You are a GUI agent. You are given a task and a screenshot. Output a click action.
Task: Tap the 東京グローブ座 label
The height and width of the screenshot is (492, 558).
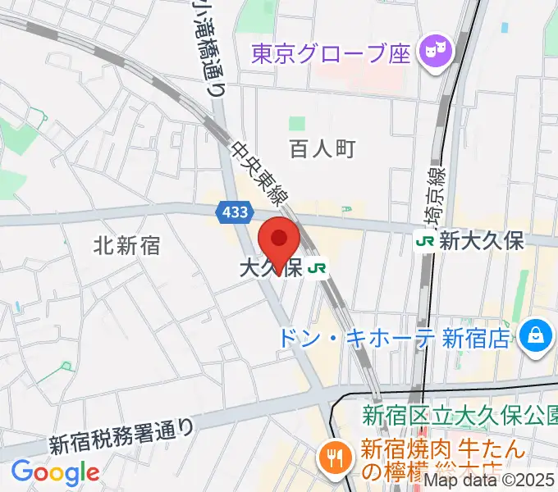click(330, 54)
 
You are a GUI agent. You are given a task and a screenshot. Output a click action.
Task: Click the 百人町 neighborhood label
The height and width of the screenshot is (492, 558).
click(322, 148)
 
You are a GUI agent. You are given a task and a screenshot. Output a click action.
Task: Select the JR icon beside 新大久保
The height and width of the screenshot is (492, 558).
click(425, 241)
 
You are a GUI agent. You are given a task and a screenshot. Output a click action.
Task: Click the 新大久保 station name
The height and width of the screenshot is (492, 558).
click(482, 241)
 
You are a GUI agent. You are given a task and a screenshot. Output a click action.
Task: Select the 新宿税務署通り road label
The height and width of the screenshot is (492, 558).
click(122, 435)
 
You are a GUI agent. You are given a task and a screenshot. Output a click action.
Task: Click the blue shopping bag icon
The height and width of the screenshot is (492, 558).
click(535, 335)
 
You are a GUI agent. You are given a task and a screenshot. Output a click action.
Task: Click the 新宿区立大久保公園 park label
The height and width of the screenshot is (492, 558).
click(460, 415)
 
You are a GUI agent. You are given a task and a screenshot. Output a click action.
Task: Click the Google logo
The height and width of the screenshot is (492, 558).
click(55, 472)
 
